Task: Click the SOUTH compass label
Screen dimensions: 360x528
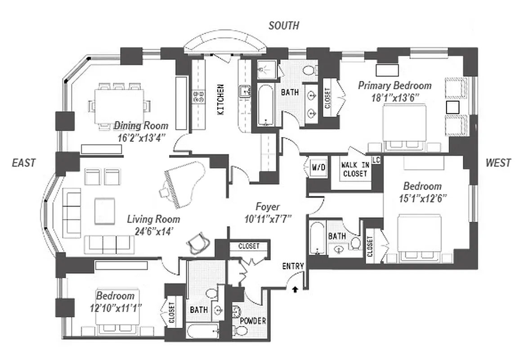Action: click(283, 26)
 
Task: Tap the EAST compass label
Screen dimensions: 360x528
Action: click(23, 163)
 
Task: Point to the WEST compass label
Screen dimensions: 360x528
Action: click(498, 163)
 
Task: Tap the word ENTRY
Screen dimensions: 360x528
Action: click(293, 266)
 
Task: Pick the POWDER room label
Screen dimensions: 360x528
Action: click(253, 321)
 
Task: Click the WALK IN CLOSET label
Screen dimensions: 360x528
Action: click(355, 170)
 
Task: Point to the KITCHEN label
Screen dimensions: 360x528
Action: click(221, 99)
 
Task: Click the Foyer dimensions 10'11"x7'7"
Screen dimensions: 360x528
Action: click(268, 219)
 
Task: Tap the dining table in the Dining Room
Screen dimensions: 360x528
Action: click(119, 105)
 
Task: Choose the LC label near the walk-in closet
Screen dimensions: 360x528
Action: click(376, 160)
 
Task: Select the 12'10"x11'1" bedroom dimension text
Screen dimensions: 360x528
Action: click(115, 308)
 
